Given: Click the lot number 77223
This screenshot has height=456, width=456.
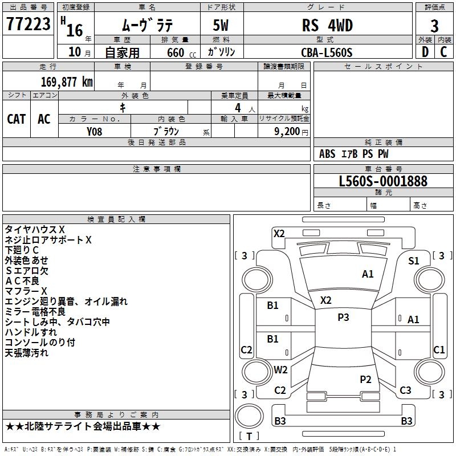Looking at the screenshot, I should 28,25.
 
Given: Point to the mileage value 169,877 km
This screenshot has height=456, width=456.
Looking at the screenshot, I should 67,82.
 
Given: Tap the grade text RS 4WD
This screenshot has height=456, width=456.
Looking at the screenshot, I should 327,26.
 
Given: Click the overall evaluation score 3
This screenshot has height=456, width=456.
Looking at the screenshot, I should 434,26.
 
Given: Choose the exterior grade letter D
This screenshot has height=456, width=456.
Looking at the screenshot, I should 425,51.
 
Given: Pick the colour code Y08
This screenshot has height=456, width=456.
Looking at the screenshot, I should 95,131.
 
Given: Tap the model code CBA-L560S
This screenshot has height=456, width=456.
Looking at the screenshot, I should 327,52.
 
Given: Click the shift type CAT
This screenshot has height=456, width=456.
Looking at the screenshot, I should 17,119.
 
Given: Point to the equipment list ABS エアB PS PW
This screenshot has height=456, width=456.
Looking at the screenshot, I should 354,154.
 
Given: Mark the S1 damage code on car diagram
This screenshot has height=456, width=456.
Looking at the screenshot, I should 414,260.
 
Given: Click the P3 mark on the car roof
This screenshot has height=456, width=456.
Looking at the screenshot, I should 343,317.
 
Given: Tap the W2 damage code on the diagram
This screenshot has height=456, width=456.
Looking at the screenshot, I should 280,369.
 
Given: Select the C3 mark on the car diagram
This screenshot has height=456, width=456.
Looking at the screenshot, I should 405,390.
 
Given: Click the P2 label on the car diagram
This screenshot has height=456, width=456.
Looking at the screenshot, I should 365,379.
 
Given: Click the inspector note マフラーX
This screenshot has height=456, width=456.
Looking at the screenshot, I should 26,291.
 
